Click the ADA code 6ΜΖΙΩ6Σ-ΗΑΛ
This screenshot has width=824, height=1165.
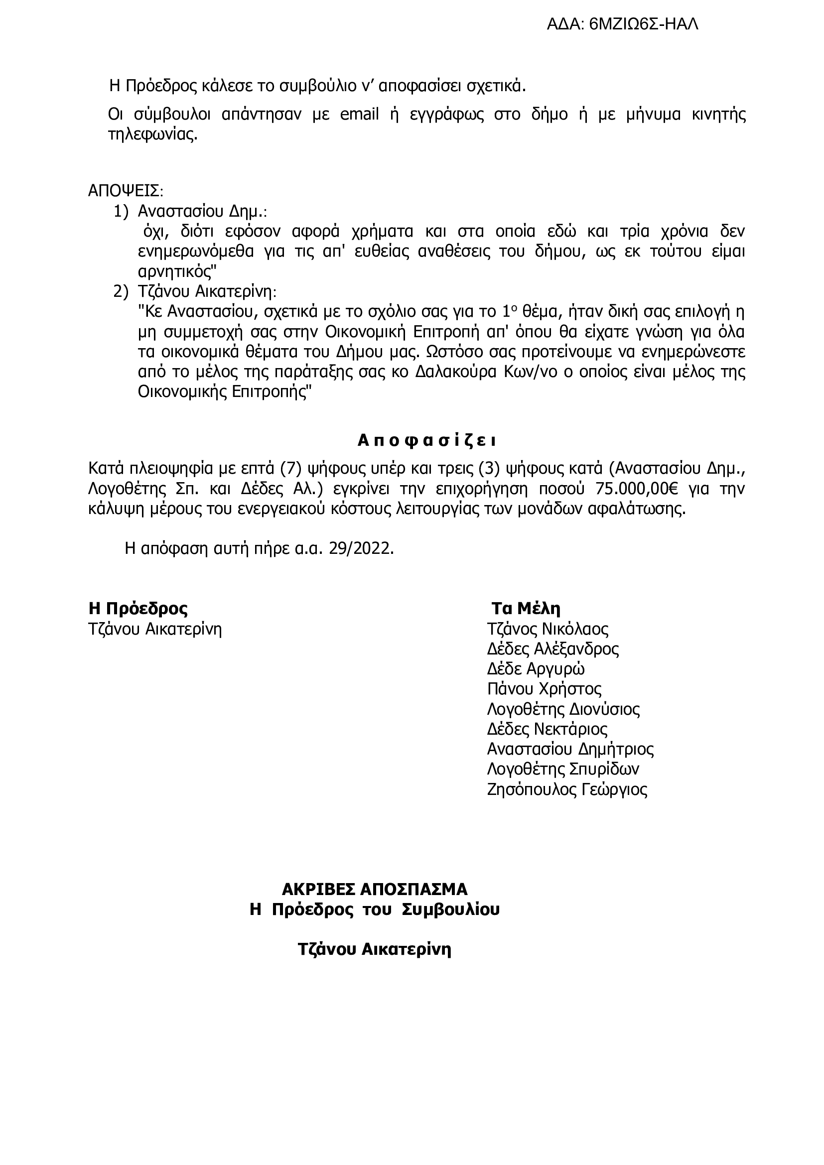(643, 24)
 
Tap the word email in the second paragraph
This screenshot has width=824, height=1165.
(359, 115)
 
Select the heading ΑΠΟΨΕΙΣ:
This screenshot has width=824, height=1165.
(126, 191)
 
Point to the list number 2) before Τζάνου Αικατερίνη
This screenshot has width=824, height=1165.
(122, 292)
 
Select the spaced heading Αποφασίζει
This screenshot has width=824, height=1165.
(426, 441)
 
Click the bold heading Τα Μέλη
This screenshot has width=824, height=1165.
(526, 608)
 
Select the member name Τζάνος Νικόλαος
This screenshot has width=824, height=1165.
(548, 629)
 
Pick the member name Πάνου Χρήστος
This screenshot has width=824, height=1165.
(544, 689)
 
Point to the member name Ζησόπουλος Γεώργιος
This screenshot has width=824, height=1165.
(567, 789)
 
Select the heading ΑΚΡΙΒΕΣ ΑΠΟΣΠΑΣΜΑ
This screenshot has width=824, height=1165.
(375, 903)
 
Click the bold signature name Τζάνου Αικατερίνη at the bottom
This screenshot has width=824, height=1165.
(375, 949)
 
